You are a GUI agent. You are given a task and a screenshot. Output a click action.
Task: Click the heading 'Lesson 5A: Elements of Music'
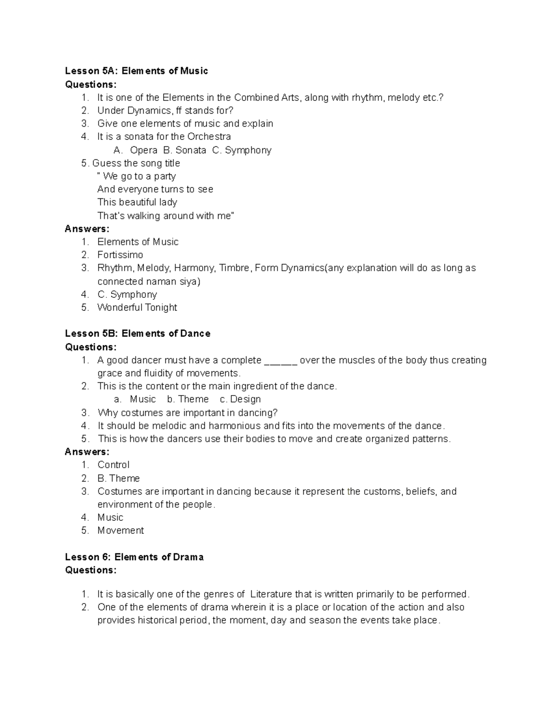[136, 71]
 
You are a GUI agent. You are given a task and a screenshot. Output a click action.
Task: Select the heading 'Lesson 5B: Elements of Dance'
[137, 334]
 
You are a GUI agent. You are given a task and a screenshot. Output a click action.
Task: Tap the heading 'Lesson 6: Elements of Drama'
[134, 557]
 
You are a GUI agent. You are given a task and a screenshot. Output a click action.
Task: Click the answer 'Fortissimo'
[120, 255]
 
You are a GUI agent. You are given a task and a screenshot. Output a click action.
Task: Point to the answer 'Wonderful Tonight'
[137, 308]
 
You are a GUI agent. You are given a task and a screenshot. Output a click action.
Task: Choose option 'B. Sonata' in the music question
[182, 151]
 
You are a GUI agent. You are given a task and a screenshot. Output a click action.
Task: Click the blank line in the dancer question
[281, 360]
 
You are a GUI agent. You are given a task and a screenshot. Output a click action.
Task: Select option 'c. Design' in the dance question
[240, 399]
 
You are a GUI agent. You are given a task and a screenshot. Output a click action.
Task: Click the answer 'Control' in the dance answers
[113, 465]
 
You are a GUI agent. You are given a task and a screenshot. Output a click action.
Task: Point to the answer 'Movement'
[120, 531]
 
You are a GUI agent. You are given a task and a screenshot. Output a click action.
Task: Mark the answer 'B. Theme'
[118, 478]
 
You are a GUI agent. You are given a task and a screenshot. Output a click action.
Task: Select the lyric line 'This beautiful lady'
[137, 203]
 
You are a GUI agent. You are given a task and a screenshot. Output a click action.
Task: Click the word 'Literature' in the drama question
[271, 594]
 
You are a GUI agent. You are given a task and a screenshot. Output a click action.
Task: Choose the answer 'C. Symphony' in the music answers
[127, 295]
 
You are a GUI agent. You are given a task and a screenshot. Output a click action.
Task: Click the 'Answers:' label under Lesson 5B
[87, 452]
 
